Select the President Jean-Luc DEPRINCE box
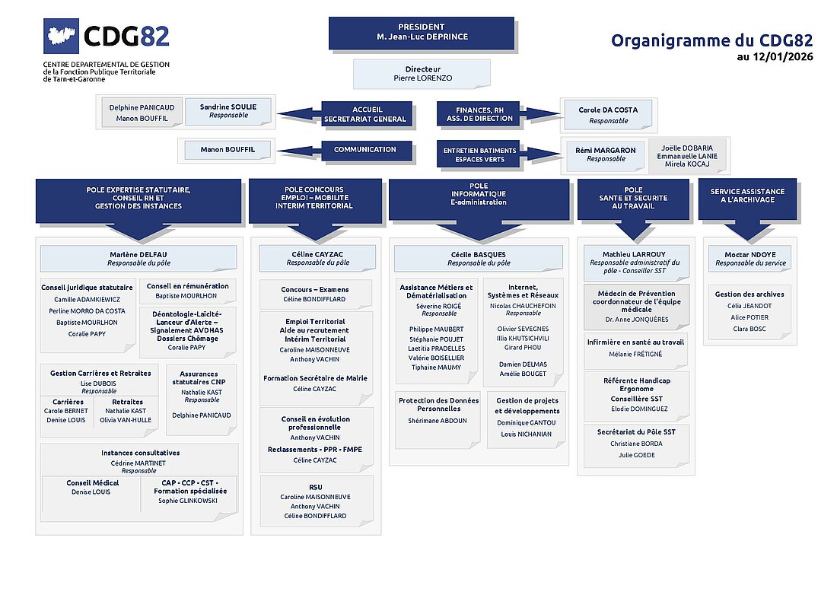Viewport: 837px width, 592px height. (421, 32)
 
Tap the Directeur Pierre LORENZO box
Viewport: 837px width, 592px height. (422, 73)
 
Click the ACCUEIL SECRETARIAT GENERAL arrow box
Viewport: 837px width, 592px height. (365, 114)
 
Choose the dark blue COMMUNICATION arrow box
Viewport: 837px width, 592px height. (365, 151)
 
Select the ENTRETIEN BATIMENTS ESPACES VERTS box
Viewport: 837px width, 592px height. (480, 154)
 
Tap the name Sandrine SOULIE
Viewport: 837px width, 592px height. (229, 107)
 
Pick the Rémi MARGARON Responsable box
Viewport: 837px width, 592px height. (606, 154)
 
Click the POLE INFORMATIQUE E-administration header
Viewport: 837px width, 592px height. (479, 195)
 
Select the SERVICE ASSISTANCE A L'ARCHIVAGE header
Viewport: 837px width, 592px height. (747, 195)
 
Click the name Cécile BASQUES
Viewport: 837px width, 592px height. (479, 254)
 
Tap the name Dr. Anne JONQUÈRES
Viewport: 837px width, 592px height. (636, 320)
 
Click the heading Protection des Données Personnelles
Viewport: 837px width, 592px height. (438, 404)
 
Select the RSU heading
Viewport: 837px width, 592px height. (315, 486)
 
